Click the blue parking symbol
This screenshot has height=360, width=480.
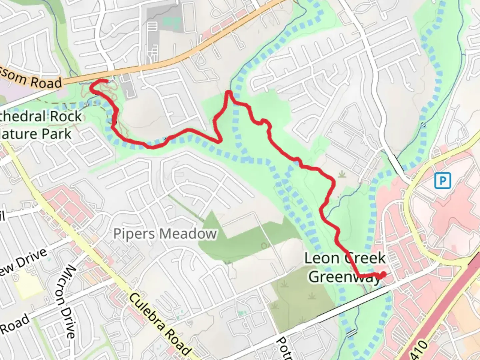click(x=442, y=181)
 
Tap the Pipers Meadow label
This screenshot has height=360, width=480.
click(x=165, y=234)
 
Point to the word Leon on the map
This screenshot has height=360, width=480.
click(x=322, y=258)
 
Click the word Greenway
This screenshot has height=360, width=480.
click(x=345, y=277)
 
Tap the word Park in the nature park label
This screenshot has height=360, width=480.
click(x=56, y=134)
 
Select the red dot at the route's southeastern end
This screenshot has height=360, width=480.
click(x=383, y=274)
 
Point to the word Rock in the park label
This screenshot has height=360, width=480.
click(x=65, y=116)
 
